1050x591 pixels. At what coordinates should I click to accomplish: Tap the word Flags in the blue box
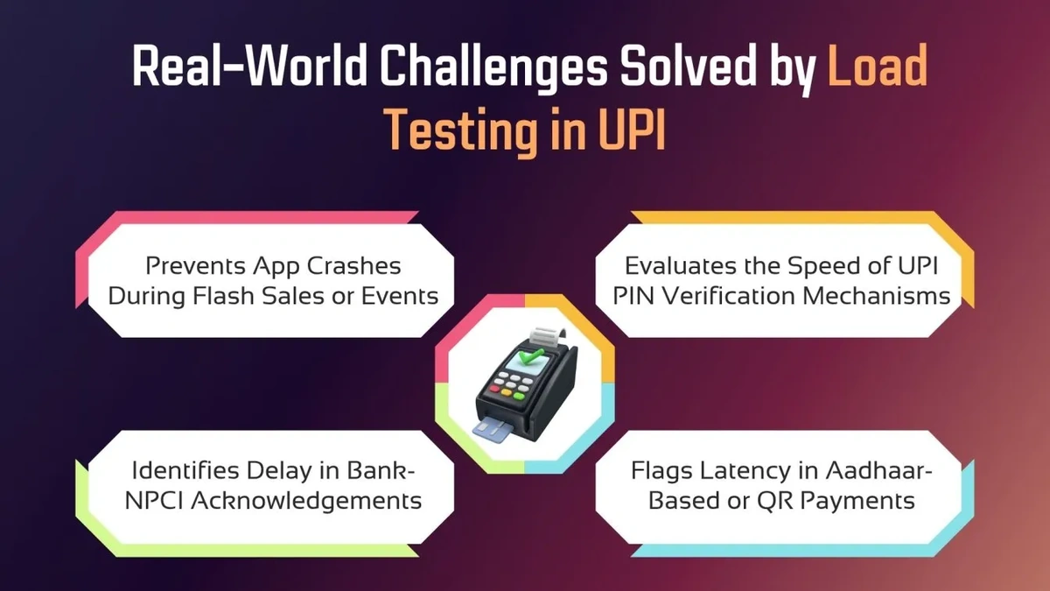[662, 470]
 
